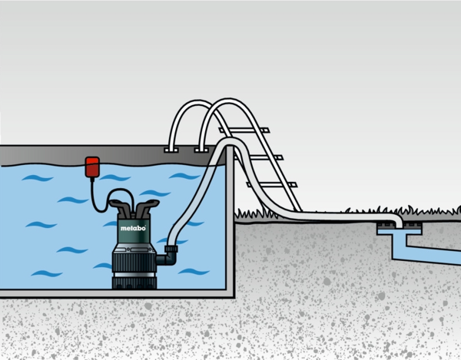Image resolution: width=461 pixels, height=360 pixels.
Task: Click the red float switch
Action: point(92,167)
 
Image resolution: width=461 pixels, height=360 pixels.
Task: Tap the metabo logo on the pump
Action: point(133,228)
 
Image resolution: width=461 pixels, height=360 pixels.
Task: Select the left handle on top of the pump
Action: point(121,207)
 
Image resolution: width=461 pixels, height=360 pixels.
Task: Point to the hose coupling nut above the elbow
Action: point(171,249)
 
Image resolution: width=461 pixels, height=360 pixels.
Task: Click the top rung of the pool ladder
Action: point(244,130)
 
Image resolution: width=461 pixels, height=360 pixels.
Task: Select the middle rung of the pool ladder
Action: point(259,157)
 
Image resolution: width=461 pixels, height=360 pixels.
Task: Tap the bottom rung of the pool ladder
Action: point(272,185)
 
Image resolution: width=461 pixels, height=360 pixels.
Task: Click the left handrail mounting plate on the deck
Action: point(171,150)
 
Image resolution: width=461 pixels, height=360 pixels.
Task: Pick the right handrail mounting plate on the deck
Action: point(201,150)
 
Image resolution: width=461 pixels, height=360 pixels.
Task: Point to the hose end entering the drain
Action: point(399,224)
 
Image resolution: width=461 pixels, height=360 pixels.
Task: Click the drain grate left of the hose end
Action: point(385,226)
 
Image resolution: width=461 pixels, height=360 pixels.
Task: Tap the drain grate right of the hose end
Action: point(413,226)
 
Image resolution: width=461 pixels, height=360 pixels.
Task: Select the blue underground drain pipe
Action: point(427,253)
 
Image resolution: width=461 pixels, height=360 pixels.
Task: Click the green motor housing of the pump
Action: point(134,230)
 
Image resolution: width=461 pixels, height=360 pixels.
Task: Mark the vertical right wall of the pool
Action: point(230,220)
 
